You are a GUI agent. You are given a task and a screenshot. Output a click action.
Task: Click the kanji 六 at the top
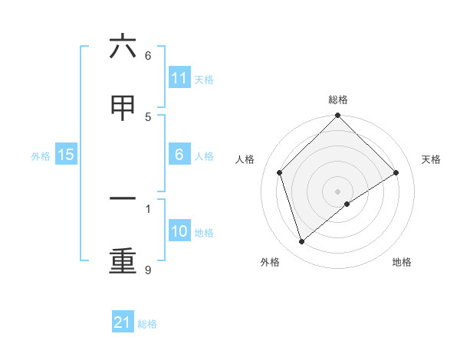click(x=123, y=48)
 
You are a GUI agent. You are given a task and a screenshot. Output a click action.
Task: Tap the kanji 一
click(x=123, y=199)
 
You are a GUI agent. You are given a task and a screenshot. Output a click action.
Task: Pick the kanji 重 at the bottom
click(x=123, y=261)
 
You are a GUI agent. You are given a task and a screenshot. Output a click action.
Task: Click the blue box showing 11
click(x=179, y=78)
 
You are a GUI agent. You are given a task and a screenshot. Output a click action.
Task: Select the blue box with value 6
click(x=179, y=155)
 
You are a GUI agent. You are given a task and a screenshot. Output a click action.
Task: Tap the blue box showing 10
click(x=179, y=231)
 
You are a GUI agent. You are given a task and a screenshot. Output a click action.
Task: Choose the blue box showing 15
click(x=66, y=155)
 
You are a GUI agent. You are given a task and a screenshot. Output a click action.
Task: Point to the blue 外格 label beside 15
click(x=41, y=156)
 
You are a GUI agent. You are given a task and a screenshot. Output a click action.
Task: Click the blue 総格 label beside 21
click(x=147, y=324)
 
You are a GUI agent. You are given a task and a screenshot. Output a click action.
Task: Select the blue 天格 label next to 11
click(x=204, y=80)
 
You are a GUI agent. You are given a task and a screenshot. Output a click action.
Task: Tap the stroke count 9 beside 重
click(x=147, y=270)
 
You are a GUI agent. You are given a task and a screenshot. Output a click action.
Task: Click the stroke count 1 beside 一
click(x=147, y=208)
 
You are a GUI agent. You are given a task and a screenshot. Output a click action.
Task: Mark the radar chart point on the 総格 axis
click(x=337, y=116)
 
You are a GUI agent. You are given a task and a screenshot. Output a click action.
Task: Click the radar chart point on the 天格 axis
click(x=396, y=172)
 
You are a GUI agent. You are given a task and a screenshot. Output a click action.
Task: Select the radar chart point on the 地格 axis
click(x=347, y=204)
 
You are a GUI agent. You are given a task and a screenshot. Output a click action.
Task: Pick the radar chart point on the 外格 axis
click(x=301, y=242)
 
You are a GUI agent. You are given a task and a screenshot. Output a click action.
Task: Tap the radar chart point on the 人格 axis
click(x=279, y=172)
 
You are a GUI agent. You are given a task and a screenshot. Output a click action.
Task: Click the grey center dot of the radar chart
click(x=337, y=191)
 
